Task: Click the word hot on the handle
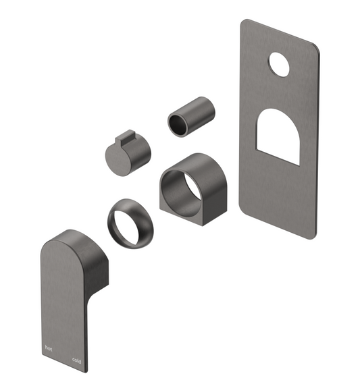pos(47,348)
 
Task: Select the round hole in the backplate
pos(278,65)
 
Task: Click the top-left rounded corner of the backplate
pos(244,24)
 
